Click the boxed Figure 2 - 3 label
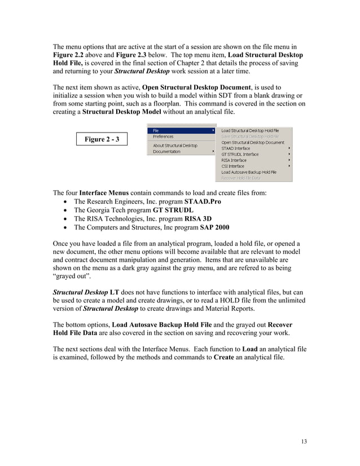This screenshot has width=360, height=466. [x=102, y=139]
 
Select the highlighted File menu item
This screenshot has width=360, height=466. [x=156, y=131]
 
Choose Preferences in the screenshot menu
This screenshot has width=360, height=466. [x=164, y=137]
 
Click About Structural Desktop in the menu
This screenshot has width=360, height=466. [x=175, y=146]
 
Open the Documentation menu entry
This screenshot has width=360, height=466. [x=167, y=152]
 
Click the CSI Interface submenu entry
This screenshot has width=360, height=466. [x=233, y=166]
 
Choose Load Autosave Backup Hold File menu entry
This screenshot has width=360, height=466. [x=249, y=172]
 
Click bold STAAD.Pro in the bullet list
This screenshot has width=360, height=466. [x=201, y=201]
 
